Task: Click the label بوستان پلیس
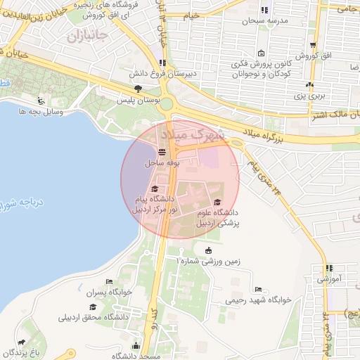137,101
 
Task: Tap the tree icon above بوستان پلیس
137,89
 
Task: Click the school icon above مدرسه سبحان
264,10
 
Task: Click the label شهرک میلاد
191,134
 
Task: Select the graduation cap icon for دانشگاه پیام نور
155,188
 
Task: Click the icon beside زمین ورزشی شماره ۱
207,250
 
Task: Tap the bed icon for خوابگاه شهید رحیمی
258,289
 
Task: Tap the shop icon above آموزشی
329,268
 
